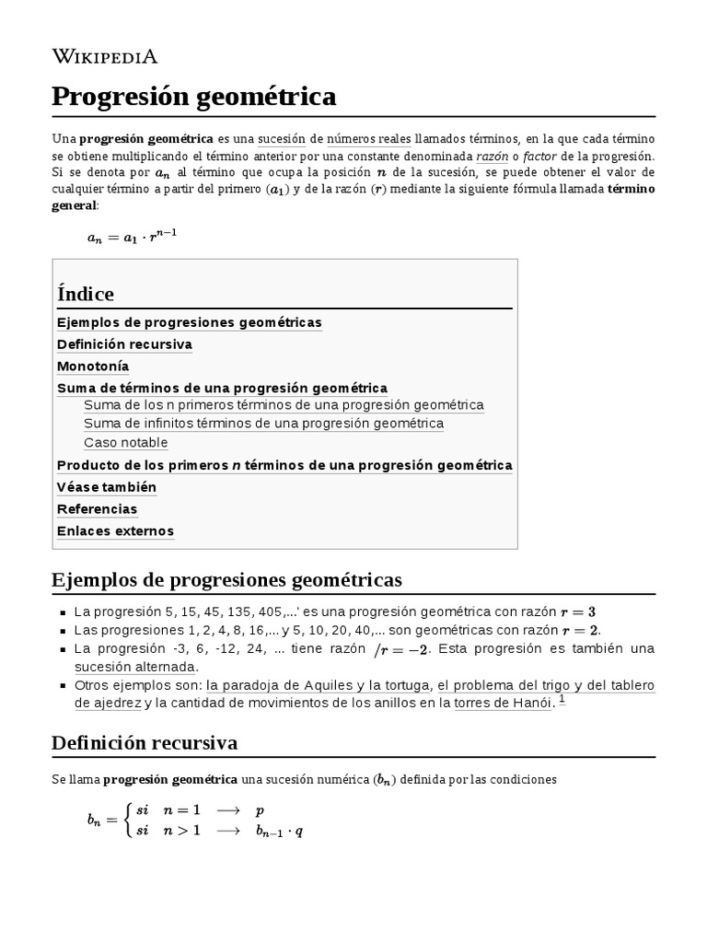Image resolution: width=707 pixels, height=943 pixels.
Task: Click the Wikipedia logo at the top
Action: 105,57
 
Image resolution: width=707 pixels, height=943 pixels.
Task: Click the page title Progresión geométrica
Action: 194,96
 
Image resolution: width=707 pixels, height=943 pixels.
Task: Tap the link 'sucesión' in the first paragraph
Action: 281,139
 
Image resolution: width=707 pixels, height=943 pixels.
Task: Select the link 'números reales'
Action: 368,139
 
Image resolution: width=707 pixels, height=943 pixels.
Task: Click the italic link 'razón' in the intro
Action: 493,156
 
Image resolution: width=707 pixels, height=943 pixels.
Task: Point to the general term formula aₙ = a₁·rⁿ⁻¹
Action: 132,236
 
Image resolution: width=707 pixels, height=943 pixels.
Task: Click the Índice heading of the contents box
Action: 86,295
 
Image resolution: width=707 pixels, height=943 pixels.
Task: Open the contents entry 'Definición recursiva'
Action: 124,344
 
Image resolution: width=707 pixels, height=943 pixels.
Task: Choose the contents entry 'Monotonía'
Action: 93,366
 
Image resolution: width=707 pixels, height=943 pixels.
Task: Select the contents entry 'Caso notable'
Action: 126,443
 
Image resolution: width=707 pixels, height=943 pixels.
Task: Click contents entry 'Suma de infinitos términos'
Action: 263,424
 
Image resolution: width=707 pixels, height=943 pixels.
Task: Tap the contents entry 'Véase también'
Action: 107,487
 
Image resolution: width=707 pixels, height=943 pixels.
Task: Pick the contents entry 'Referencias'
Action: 97,509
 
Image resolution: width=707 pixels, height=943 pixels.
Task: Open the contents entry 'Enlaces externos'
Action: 115,531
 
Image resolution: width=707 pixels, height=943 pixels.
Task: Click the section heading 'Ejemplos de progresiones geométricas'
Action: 227,580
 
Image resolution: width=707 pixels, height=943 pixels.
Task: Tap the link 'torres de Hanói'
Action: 503,704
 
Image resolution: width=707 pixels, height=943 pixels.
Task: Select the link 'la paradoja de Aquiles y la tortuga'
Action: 318,685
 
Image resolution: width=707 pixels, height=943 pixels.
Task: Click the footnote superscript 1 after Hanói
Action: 562,700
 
